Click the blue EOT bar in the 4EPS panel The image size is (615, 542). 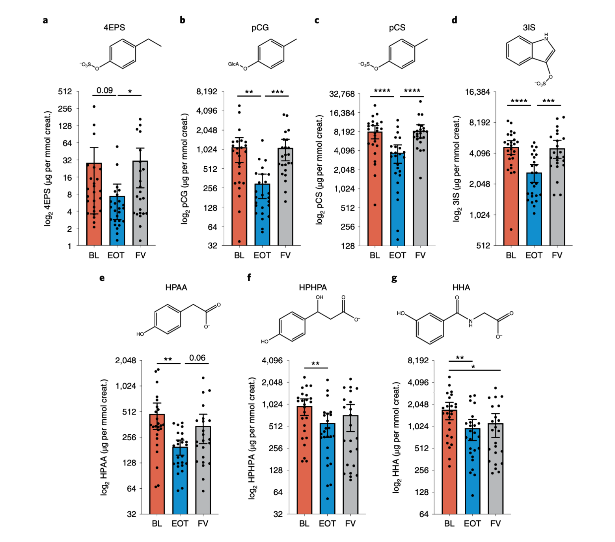(117, 221)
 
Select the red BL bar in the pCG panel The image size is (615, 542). (239, 197)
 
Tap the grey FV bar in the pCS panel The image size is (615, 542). (420, 189)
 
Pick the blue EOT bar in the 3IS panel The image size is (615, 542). (534, 209)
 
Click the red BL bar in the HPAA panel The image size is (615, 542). (157, 465)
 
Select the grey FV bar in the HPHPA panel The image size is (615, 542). (350, 465)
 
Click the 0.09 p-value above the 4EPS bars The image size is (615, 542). (104, 90)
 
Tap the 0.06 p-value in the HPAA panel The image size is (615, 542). (197, 358)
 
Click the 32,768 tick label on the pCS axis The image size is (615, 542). (342, 94)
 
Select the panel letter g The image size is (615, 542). (394, 278)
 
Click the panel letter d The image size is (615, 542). (455, 20)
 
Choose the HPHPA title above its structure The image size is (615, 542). (313, 287)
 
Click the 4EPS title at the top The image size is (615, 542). (114, 27)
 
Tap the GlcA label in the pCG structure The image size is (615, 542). (233, 64)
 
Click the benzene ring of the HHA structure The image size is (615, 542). (430, 329)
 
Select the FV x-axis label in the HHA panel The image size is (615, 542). (495, 523)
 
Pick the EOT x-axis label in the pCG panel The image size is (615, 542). (262, 255)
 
